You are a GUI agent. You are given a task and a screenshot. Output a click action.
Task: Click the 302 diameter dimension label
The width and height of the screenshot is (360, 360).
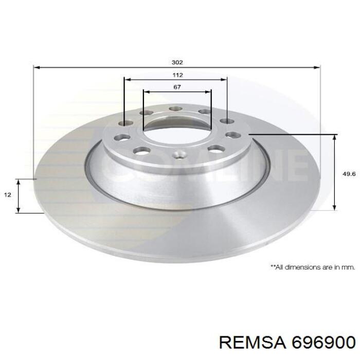177,62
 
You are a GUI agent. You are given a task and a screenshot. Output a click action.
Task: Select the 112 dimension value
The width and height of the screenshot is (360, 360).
177,75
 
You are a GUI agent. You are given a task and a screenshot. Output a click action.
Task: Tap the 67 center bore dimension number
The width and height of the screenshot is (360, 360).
177,87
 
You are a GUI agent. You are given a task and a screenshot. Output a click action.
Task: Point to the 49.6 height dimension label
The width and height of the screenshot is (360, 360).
349,174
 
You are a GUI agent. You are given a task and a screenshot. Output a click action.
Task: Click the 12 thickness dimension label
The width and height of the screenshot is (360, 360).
8,195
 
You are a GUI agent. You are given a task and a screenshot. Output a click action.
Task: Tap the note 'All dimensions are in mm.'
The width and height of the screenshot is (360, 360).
313,267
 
